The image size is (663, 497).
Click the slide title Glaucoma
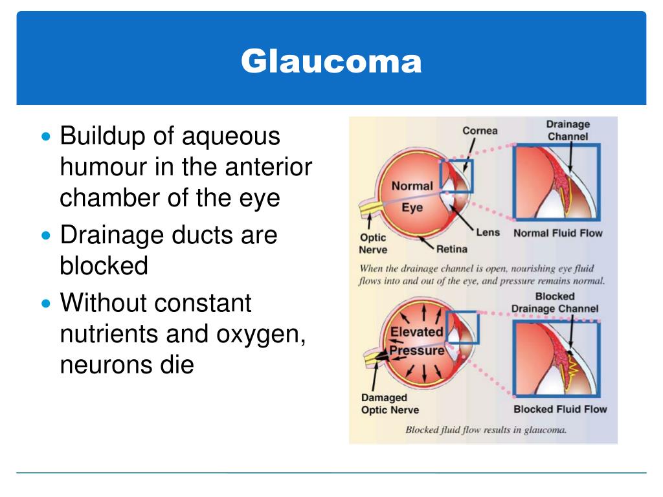pyautogui.click(x=331, y=61)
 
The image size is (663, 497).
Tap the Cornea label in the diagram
pyautogui.click(x=480, y=131)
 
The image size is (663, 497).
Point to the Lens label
pyautogui.click(x=488, y=232)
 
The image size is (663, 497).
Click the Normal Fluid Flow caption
pyautogui.click(x=557, y=233)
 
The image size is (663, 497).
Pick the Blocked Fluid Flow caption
pyautogui.click(x=560, y=409)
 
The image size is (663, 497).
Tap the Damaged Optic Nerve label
pyautogui.click(x=390, y=404)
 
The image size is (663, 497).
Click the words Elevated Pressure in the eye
pyautogui.click(x=416, y=341)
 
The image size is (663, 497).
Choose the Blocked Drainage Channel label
pyautogui.click(x=555, y=303)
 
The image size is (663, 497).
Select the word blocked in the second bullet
pyautogui.click(x=104, y=266)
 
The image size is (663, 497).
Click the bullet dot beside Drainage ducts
pyautogui.click(x=45, y=236)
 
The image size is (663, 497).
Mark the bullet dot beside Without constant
pyautogui.click(x=45, y=303)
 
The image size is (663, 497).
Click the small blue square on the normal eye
pyautogui.click(x=456, y=175)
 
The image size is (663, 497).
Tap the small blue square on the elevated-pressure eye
pyautogui.click(x=462, y=327)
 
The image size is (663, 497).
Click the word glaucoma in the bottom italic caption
pyautogui.click(x=543, y=430)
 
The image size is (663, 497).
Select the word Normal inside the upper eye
pyautogui.click(x=412, y=186)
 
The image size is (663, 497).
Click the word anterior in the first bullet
pyautogui.click(x=268, y=167)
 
